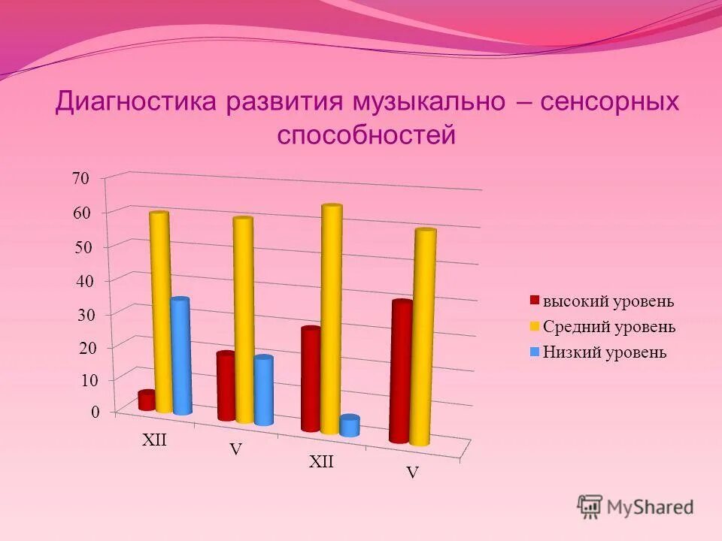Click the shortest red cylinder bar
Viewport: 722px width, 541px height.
[147, 400]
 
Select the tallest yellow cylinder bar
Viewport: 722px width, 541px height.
[332, 319]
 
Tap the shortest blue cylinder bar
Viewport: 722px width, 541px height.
[350, 425]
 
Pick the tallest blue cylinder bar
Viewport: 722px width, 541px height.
[180, 356]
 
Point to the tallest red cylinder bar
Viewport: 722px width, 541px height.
[401, 371]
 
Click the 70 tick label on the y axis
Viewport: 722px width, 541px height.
[80, 179]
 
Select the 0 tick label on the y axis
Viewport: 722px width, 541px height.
[95, 412]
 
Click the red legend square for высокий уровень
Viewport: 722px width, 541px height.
[535, 301]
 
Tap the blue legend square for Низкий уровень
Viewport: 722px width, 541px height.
[535, 352]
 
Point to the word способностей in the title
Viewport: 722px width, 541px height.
[366, 135]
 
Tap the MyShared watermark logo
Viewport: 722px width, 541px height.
[636, 506]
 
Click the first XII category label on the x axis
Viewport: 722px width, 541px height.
[154, 441]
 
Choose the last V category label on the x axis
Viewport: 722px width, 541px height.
[412, 473]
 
